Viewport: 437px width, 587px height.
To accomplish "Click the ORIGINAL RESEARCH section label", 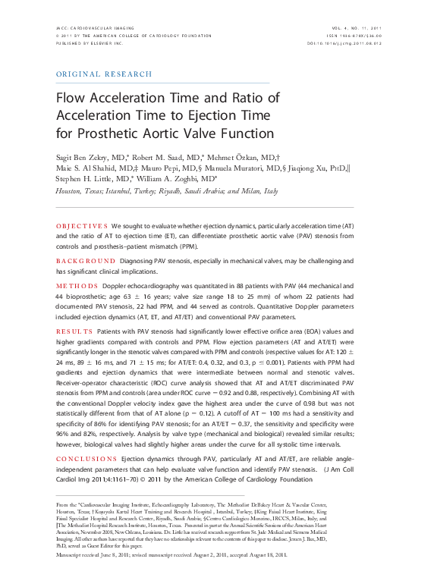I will pos(105,74).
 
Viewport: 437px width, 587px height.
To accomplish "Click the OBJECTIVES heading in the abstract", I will pos(83,227).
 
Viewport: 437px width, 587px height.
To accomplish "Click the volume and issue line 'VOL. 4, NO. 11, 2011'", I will pos(354,27).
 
